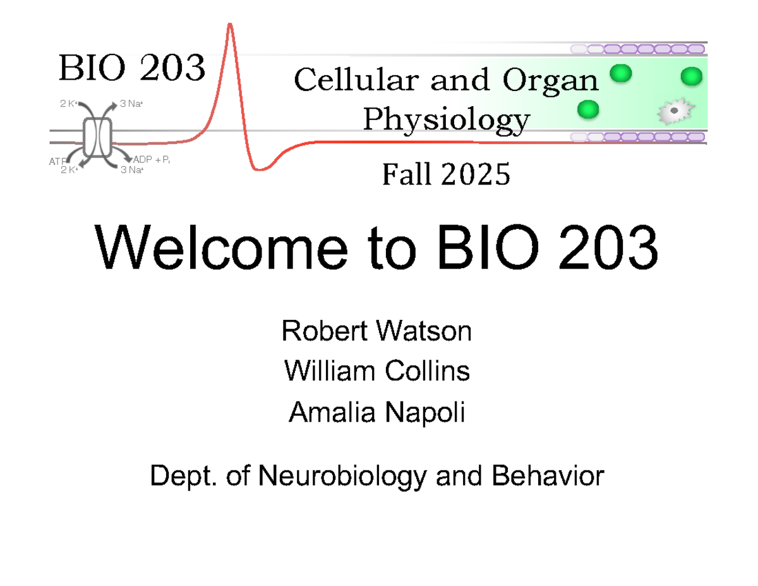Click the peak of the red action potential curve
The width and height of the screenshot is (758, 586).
(230, 25)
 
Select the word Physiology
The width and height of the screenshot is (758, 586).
(446, 119)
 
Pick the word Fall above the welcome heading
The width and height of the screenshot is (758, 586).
(407, 175)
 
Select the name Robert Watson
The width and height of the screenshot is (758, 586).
(377, 331)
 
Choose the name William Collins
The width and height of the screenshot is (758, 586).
(377, 371)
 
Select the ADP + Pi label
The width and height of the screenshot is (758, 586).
(152, 160)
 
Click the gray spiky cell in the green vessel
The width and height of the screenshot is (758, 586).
(675, 112)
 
